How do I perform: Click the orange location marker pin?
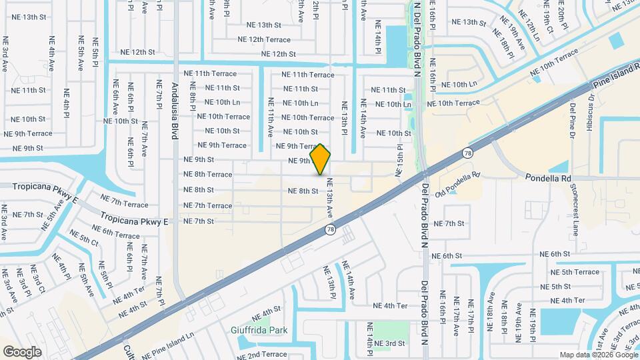point(321,159)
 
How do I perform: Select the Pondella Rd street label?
point(548,178)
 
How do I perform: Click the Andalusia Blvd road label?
point(175,111)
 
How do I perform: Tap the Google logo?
point(22,351)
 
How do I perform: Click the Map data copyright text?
point(598,355)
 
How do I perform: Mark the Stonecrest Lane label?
point(575,215)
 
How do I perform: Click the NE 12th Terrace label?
point(260,39)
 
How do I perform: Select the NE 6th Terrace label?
point(116,231)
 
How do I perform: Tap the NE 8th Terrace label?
point(208,175)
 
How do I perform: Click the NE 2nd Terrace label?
point(261,355)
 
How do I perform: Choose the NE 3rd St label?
point(389,343)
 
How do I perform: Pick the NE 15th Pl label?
point(400,160)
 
